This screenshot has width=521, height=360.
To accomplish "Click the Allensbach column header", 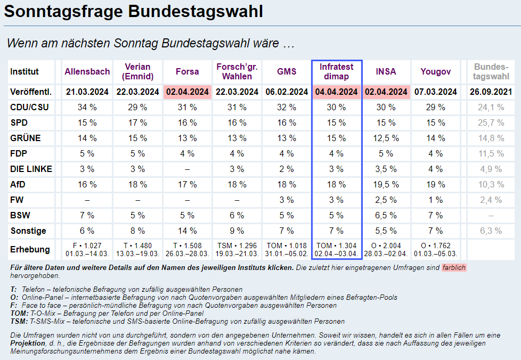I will coord(87,72).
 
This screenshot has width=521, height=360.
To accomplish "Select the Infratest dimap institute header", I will coord(337,72).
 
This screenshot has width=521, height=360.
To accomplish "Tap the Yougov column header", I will coord(436,72).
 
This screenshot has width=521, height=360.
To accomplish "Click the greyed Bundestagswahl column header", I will coord(490,72).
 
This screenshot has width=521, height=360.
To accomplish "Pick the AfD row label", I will coord(18,185).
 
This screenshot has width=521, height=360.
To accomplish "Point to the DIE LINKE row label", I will coord(31,169).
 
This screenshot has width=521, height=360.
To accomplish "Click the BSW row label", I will coord(20,216).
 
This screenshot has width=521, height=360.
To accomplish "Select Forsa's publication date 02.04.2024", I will coord(187,92).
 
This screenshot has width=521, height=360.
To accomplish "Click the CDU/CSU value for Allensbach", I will coord(87,108).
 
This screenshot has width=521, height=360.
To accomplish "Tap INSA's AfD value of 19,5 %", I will coord(386,185).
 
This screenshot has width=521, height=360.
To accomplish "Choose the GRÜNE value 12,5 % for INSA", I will coord(386,138).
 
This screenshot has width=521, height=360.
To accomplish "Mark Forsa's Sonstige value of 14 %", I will coord(187,231).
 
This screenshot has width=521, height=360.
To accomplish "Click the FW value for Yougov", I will coord(436,200).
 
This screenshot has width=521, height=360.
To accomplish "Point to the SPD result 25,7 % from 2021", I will coord(490,123).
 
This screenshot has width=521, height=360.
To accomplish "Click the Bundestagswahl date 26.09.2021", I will coord(490,92).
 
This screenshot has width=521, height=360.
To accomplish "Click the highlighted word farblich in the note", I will coord(454,267).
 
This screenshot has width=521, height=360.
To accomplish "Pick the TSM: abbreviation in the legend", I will coord(19,322).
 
